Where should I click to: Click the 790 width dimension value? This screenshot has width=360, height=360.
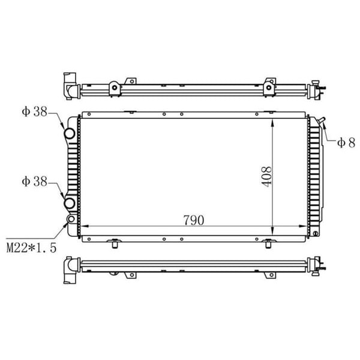click(193, 220)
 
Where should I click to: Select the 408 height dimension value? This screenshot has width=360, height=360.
click(266, 176)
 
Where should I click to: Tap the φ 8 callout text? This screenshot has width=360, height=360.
click(346, 142)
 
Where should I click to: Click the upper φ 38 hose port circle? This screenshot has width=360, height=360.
click(70, 134)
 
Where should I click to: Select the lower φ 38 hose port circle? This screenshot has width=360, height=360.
click(70, 203)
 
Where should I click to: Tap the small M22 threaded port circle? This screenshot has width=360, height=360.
click(72, 220)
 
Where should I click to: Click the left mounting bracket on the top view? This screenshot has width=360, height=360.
click(113, 87)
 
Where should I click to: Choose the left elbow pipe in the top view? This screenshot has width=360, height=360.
click(70, 86)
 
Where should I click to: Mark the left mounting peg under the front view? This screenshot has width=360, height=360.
click(113, 243)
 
